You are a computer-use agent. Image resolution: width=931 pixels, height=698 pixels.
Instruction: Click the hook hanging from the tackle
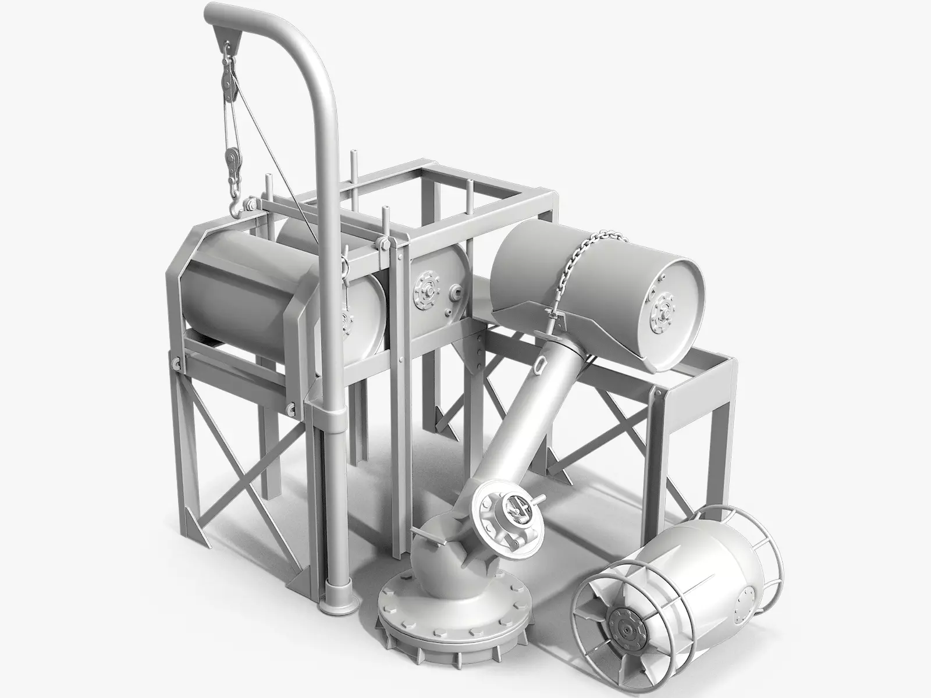235,205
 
